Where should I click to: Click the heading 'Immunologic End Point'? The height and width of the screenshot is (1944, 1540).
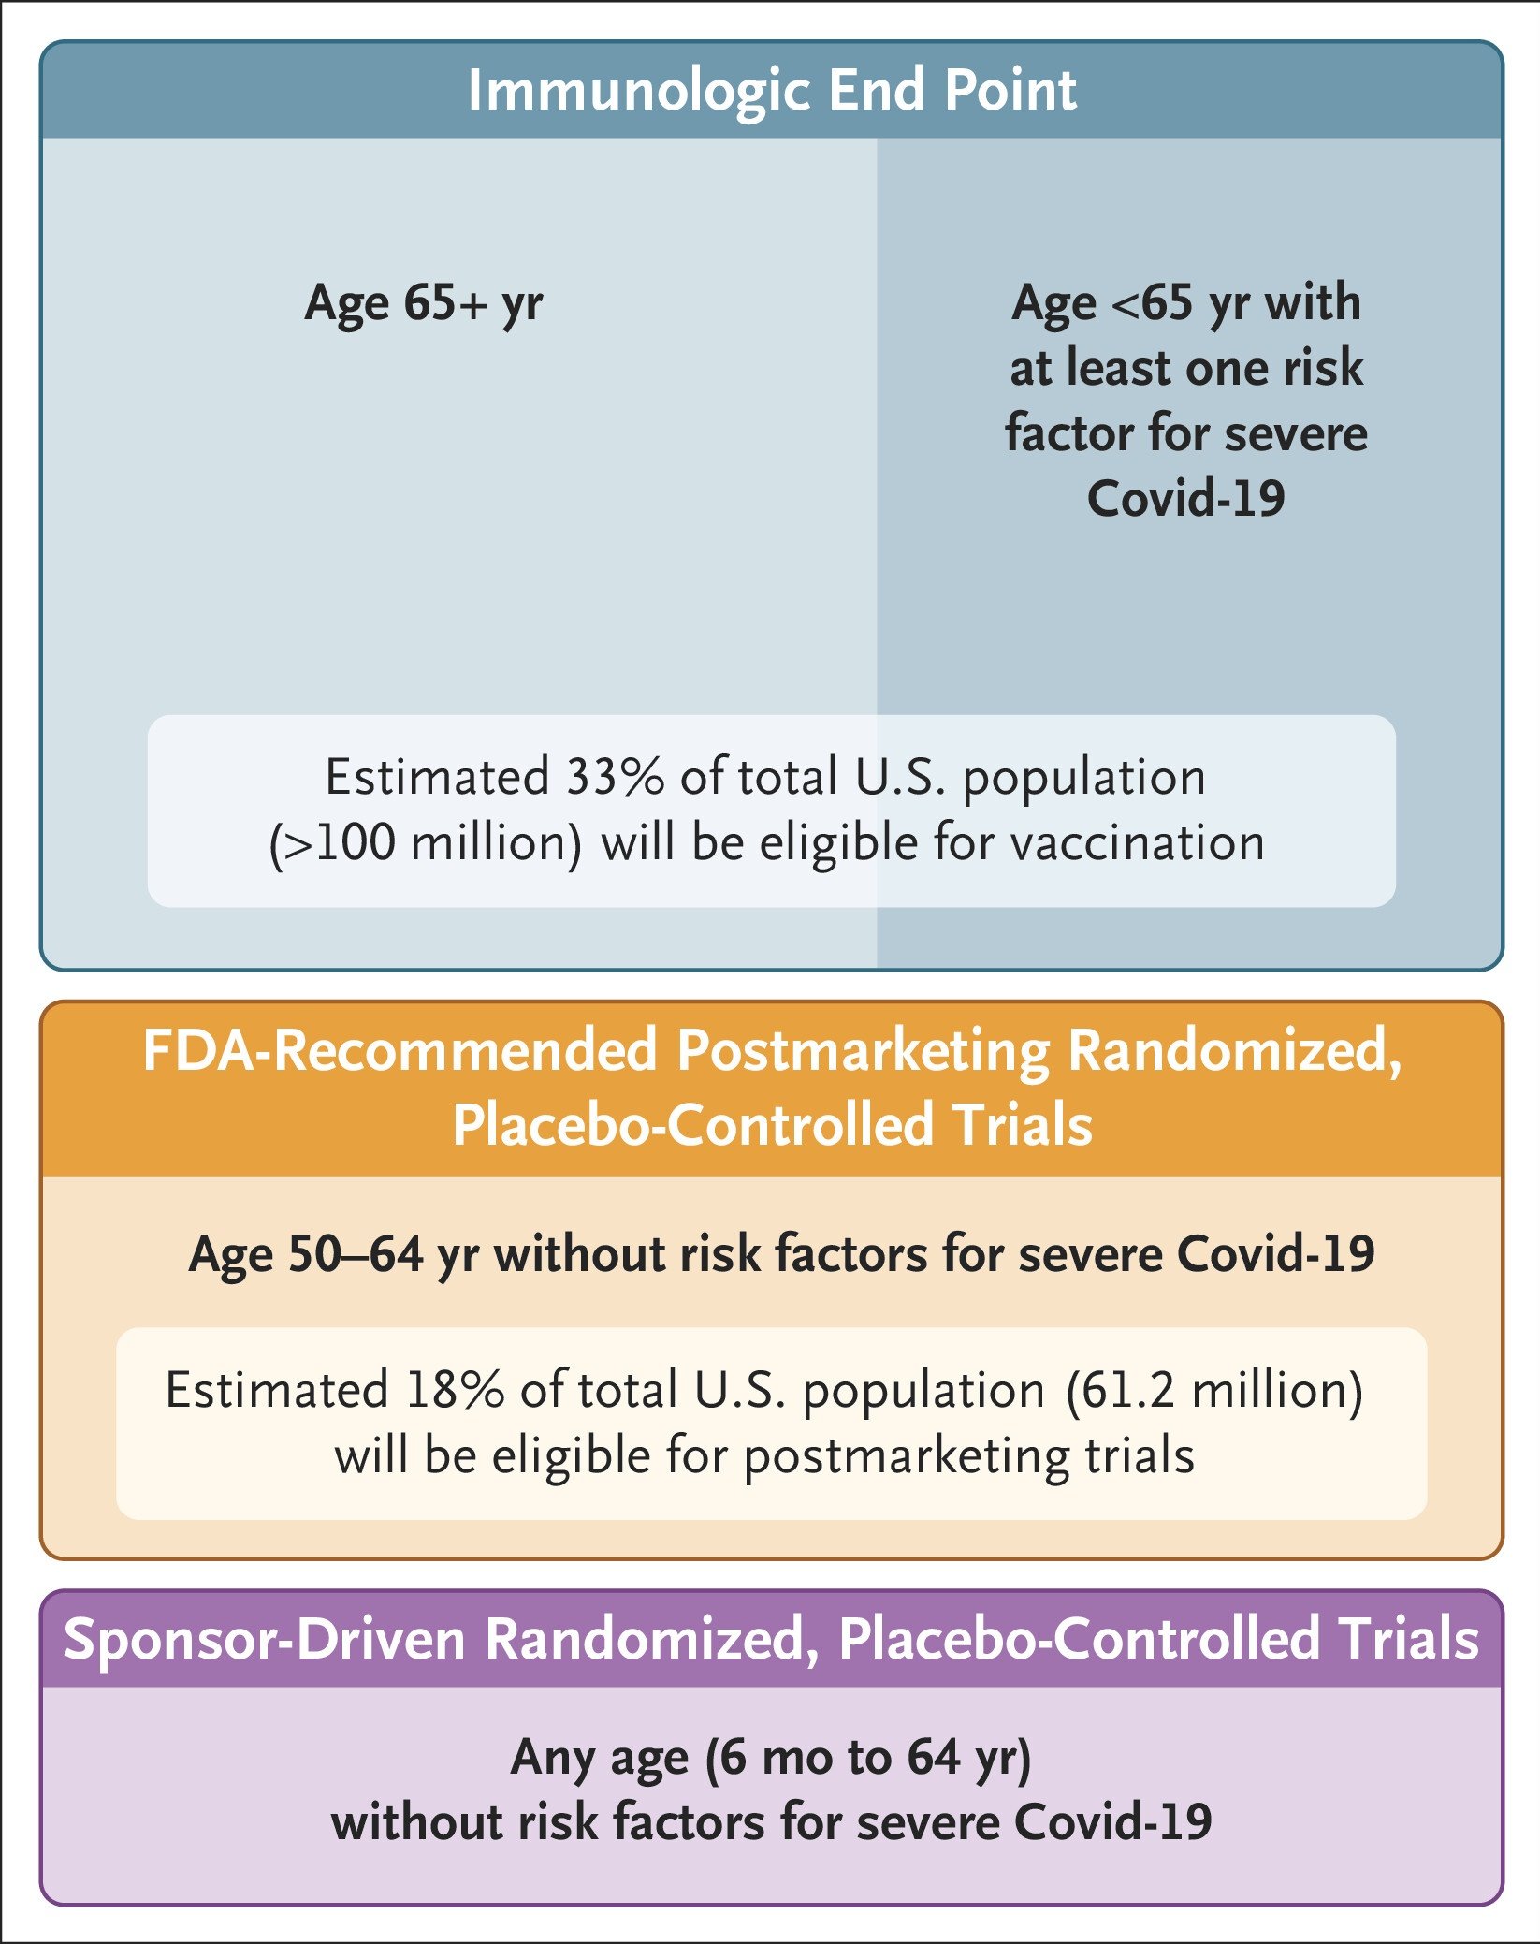772,91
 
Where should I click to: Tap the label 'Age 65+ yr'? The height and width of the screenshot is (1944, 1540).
424,303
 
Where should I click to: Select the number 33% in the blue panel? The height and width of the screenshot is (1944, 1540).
614,777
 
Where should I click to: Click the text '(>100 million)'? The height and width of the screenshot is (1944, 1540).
426,842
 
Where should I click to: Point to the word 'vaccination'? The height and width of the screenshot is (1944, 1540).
1138,842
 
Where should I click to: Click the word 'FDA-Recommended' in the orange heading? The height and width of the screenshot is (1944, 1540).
400,1050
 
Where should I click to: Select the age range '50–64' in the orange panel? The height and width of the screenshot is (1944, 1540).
355,1254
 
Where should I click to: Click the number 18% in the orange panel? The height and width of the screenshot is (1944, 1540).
455,1390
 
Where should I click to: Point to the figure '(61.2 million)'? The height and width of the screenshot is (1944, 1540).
1214,1390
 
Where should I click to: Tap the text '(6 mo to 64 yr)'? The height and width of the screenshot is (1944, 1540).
868,1758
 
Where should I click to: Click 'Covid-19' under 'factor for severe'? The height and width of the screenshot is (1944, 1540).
1185,498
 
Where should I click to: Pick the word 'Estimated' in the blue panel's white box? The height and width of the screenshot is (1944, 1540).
437,777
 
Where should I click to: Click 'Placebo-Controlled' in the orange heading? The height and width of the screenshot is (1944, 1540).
692,1125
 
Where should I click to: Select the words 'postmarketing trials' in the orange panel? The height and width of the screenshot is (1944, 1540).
969,1456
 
